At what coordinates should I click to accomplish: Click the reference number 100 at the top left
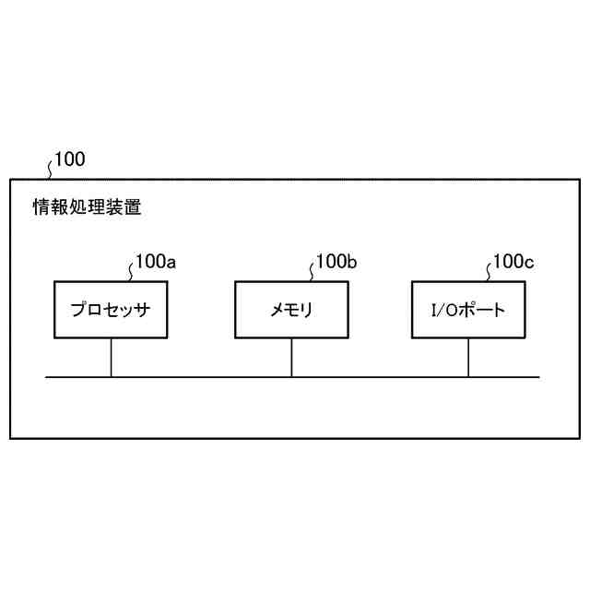(70, 159)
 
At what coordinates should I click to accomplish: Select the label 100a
(156, 262)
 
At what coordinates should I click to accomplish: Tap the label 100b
(336, 262)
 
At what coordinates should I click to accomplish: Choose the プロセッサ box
(111, 310)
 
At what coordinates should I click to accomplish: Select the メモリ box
(291, 310)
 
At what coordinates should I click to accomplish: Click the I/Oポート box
(468, 310)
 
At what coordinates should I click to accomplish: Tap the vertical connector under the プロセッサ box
(111, 358)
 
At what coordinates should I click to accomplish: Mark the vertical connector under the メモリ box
(291, 358)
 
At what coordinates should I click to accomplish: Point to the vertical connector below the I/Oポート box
(468, 358)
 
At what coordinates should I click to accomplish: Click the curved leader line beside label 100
(49, 167)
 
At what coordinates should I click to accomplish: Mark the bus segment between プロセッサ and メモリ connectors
(201, 377)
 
